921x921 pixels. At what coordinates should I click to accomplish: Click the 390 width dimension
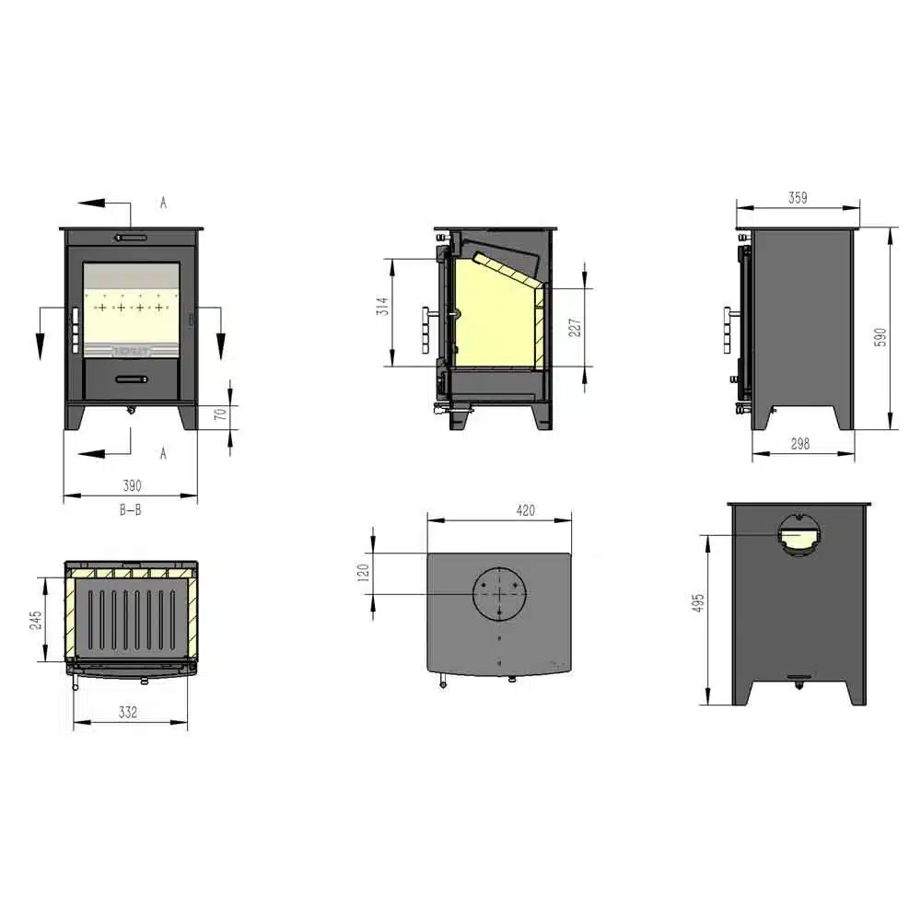point(132,484)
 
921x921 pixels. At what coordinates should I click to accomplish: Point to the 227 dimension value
point(575,327)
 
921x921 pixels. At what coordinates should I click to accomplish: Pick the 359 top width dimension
point(799,196)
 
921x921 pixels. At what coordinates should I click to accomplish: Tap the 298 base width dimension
point(800,443)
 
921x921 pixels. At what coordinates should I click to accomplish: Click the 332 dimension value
point(130,711)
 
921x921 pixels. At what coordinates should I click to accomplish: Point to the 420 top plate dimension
point(500,510)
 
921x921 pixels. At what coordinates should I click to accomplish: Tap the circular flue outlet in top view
point(500,594)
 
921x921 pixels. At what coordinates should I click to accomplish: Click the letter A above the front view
point(163,203)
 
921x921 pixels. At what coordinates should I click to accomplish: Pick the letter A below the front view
point(163,453)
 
